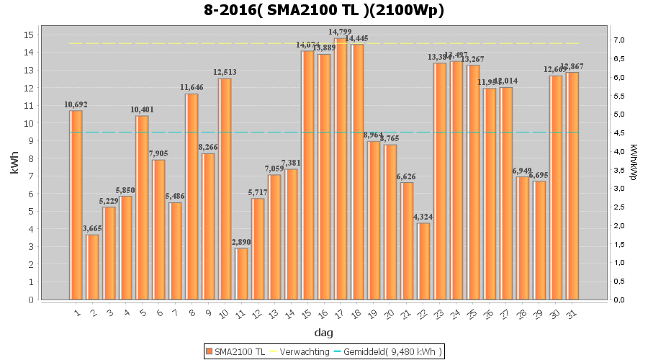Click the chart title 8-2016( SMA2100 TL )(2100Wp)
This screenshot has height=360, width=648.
pyautogui.click(x=323, y=11)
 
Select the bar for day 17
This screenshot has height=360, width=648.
pyautogui.click(x=341, y=169)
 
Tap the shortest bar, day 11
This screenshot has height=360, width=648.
pyautogui.click(x=241, y=274)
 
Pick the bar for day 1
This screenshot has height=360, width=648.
pyautogui.click(x=76, y=205)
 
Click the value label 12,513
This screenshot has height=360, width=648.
pyautogui.click(x=225, y=72)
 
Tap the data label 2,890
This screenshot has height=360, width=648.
pyautogui.click(x=241, y=242)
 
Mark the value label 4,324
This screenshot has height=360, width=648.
pyautogui.click(x=424, y=217)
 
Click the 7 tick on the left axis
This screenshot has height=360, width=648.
pyautogui.click(x=31, y=176)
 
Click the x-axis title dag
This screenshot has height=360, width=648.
pyautogui.click(x=323, y=333)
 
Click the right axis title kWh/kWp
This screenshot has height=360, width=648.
pyautogui.click(x=633, y=161)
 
